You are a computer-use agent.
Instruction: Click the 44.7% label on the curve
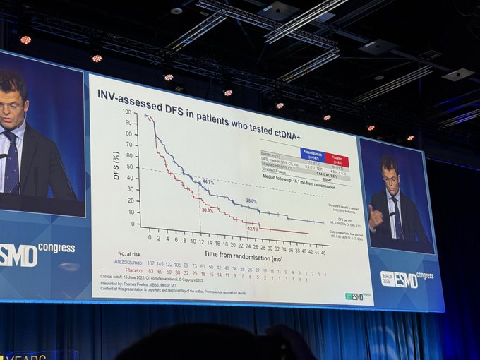click(208, 182)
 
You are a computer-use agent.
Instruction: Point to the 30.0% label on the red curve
click(207, 210)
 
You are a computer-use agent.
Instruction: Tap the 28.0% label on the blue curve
click(251, 202)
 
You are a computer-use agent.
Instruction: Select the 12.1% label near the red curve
click(253, 228)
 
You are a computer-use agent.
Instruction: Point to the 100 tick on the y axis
click(126, 112)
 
